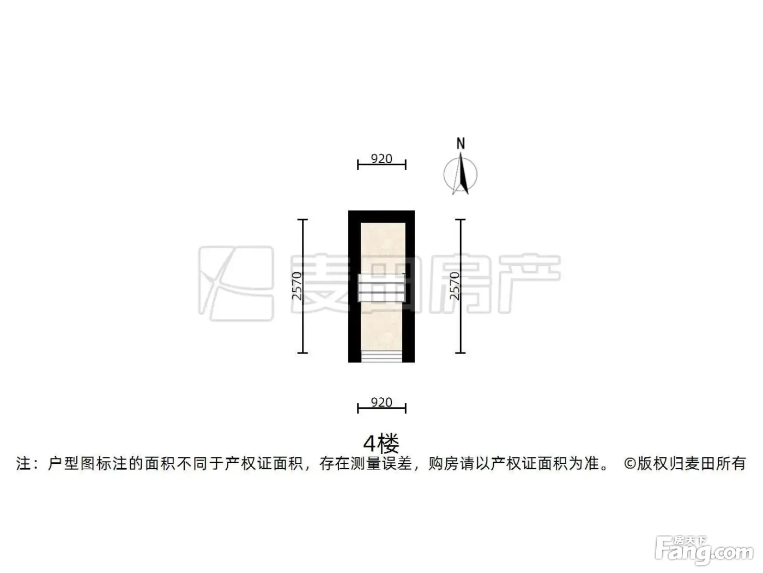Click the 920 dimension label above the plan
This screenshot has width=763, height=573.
click(381, 159)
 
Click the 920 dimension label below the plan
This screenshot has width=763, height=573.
click(381, 402)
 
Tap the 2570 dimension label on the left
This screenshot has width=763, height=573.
click(297, 286)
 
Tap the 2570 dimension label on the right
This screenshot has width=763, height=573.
click(455, 286)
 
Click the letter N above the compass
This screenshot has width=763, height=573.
click(461, 144)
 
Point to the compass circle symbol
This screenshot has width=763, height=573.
click(460, 174)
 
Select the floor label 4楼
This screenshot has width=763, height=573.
click(381, 443)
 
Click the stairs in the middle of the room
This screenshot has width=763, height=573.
click(381, 288)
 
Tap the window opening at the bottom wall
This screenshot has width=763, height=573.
click(381, 356)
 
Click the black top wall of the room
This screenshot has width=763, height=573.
click(381, 217)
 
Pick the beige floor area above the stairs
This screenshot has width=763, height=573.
click(383, 248)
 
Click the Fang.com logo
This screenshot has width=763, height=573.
click(704, 551)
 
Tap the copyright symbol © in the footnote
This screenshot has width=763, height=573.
click(630, 464)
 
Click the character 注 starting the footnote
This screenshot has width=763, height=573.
click(23, 464)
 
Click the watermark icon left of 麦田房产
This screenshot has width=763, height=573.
click(236, 284)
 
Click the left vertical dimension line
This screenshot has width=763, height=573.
click(302, 286)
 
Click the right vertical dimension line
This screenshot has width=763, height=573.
click(461, 286)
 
